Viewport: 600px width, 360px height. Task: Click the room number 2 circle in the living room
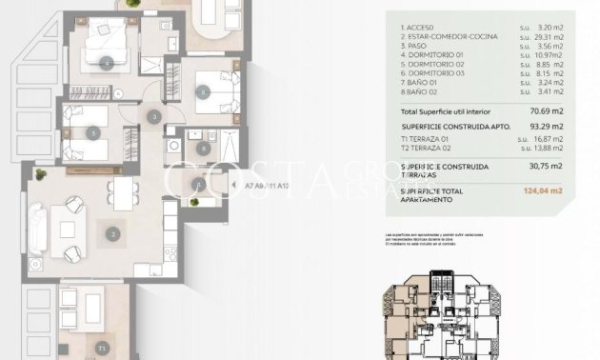click(x=112, y=232)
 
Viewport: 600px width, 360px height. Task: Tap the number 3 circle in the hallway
click(x=154, y=117)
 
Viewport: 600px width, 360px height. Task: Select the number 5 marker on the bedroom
click(x=93, y=133)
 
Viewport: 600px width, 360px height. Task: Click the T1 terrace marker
click(x=101, y=350)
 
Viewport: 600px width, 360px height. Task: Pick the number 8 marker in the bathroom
click(x=202, y=148)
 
